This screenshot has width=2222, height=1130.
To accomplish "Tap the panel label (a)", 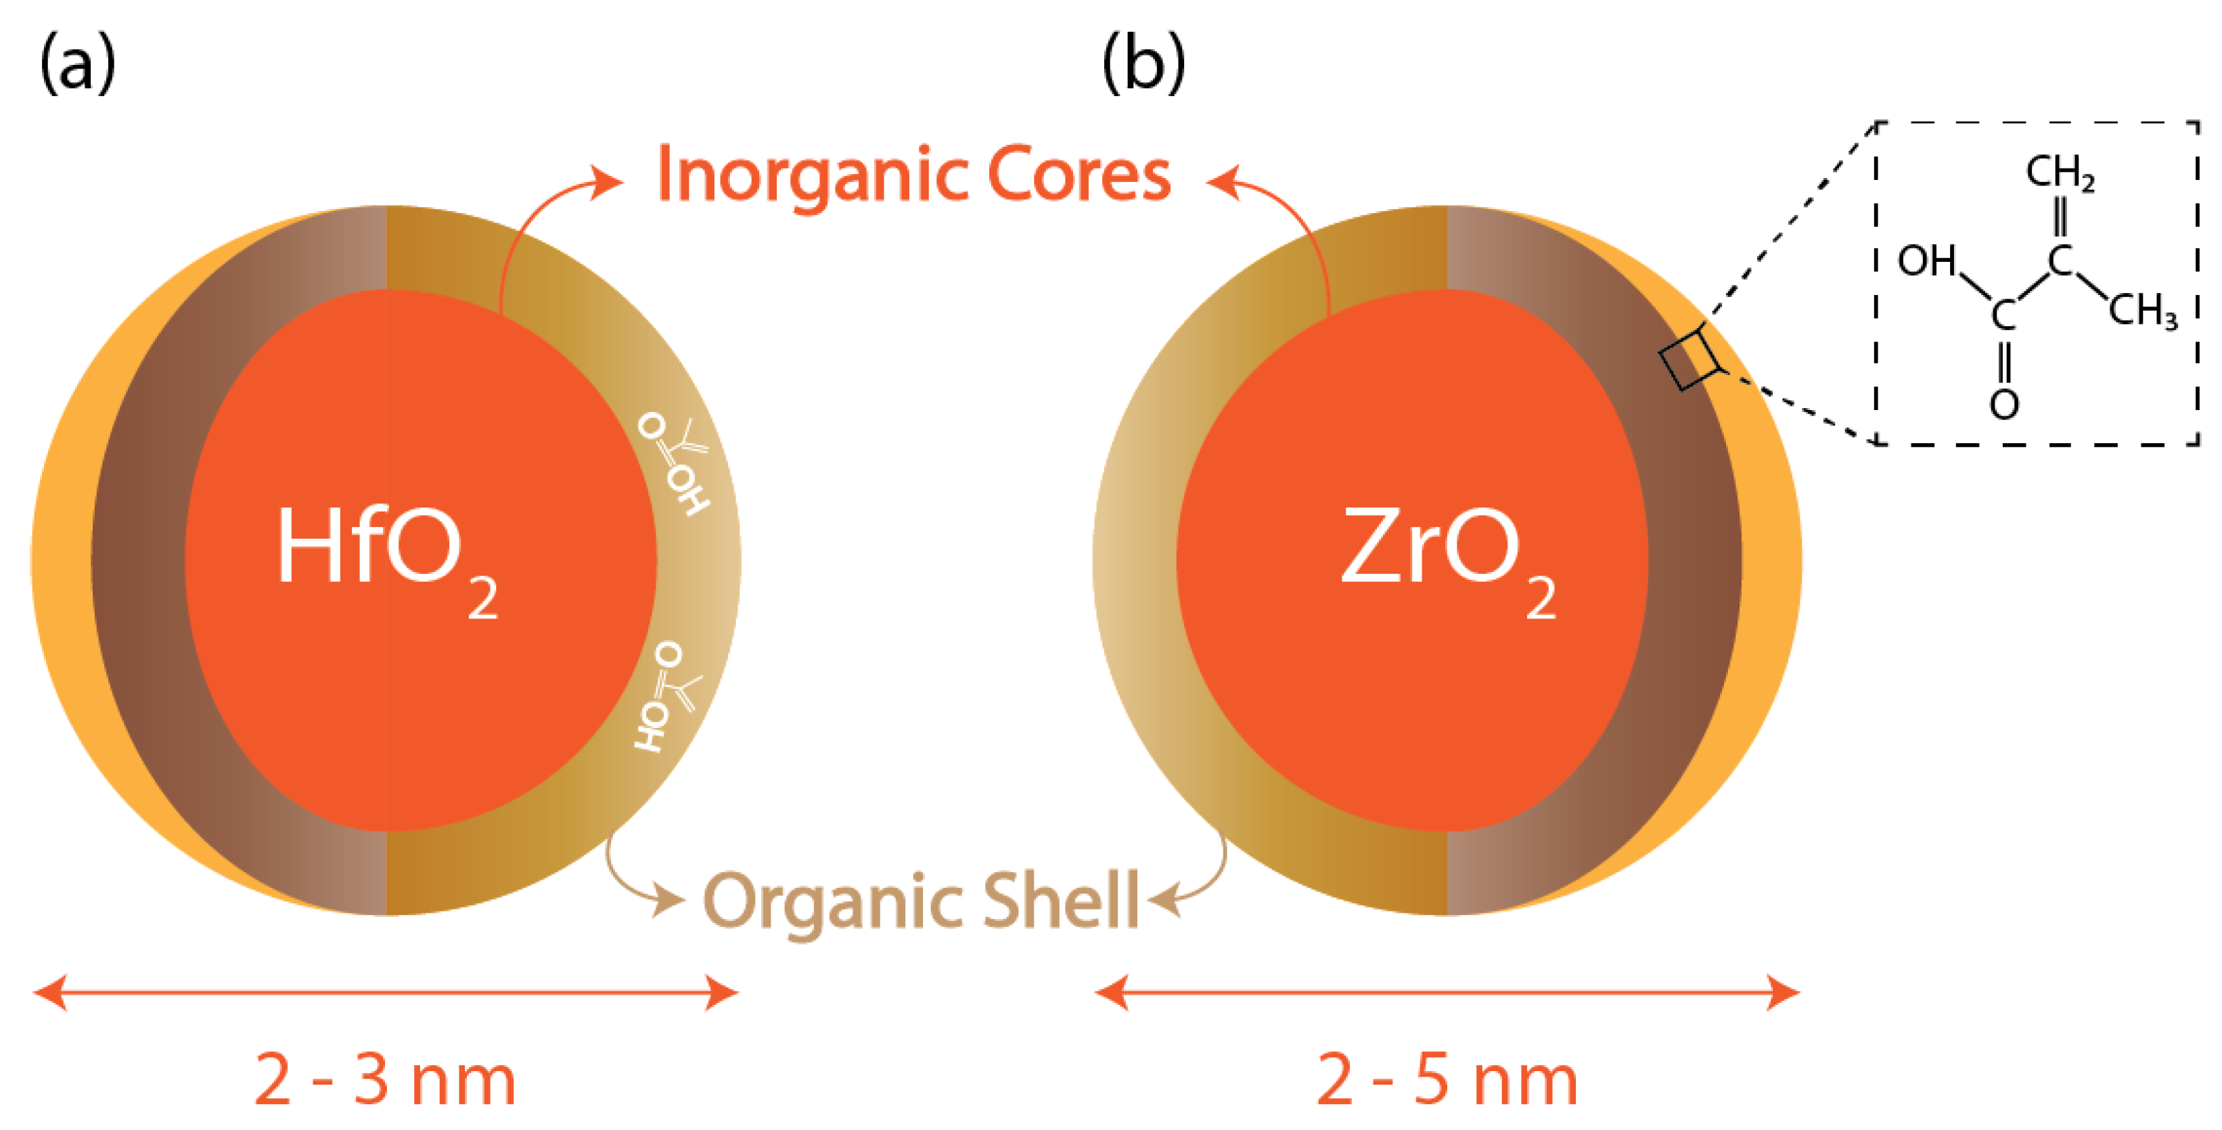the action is tap(78, 63).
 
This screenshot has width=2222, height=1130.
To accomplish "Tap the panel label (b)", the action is tap(1143, 63).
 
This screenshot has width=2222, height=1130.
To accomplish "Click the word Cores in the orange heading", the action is tap(1079, 175).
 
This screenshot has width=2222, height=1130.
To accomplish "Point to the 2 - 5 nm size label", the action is tap(1447, 1079).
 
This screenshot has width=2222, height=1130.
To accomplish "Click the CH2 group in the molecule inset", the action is tap(2060, 172).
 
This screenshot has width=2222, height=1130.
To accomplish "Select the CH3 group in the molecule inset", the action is tap(2143, 310).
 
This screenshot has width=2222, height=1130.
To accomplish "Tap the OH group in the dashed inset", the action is tap(1926, 260).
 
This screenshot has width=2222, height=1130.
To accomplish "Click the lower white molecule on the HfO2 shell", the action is tap(666, 694).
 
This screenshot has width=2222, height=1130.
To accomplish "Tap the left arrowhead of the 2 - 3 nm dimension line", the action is tap(50, 993).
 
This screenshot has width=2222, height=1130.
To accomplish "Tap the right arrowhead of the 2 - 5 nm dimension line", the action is tap(1784, 993).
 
